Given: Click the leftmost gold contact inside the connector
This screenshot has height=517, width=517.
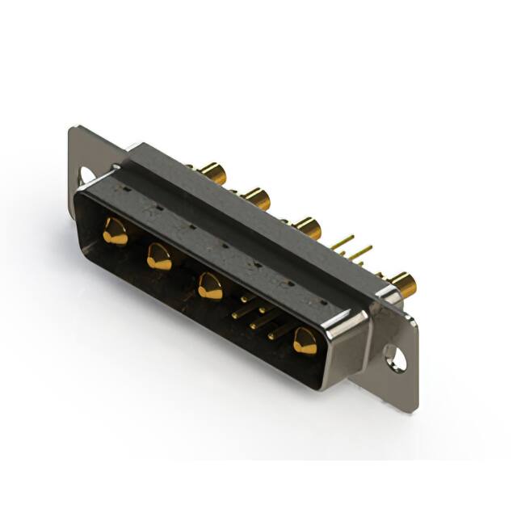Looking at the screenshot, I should [115, 232].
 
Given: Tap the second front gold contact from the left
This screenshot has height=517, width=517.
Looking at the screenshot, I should [159, 258].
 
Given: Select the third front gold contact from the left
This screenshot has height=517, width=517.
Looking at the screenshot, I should [210, 286].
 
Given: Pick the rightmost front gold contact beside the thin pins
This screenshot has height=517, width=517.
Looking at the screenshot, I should [305, 341].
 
